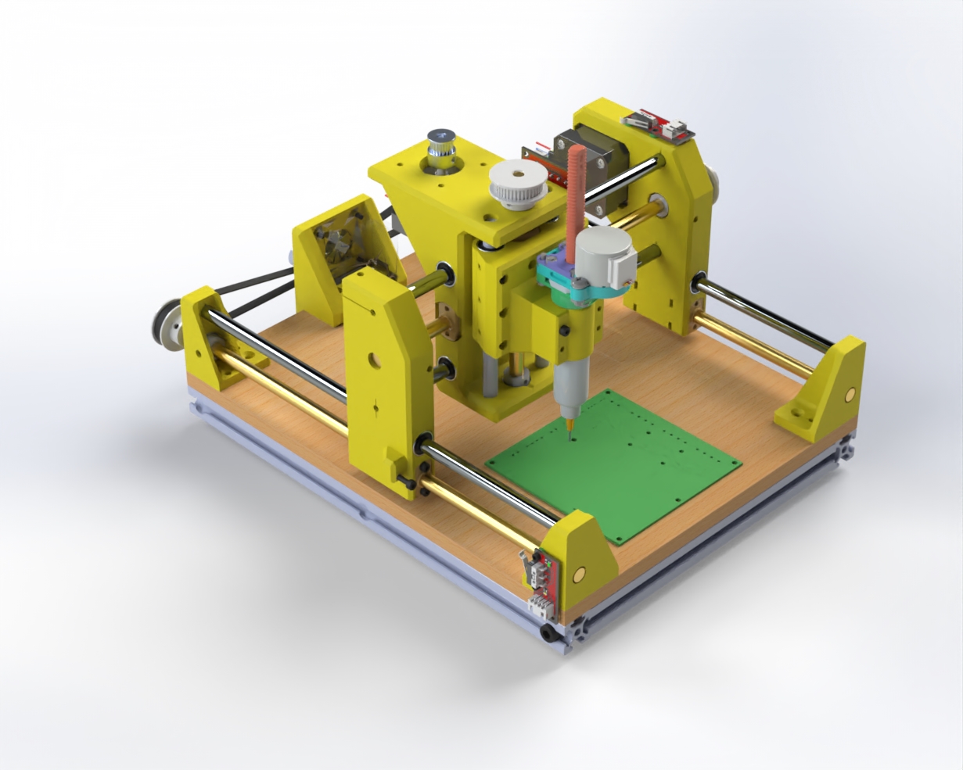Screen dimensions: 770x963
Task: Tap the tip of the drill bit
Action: pyautogui.click(x=569, y=429)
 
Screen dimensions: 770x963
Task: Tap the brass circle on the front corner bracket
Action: pyautogui.click(x=579, y=575)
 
